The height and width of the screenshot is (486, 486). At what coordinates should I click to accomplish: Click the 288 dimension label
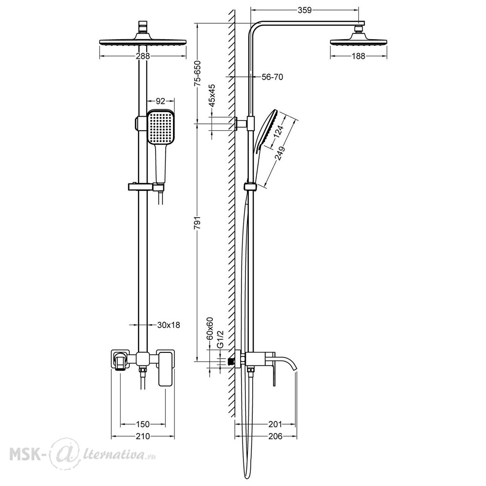pyautogui.click(x=143, y=56)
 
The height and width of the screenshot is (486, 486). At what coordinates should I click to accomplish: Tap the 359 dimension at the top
pyautogui.click(x=304, y=10)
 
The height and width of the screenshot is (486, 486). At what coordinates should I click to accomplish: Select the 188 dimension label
pyautogui.click(x=358, y=56)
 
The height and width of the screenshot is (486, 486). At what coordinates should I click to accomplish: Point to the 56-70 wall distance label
pyautogui.click(x=273, y=77)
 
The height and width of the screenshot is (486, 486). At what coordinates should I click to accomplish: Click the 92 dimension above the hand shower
pyautogui.click(x=160, y=101)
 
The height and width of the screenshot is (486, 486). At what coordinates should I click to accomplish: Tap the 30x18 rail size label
pyautogui.click(x=169, y=325)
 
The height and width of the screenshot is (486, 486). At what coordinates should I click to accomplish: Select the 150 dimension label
pyautogui.click(x=142, y=424)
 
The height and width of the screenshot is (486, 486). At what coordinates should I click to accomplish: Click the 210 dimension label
pyautogui.click(x=142, y=436)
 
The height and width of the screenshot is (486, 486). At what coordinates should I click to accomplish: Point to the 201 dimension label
pyautogui.click(x=275, y=424)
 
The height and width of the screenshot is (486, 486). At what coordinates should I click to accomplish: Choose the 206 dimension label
pyautogui.click(x=275, y=436)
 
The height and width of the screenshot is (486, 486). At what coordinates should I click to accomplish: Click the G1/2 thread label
pyautogui.click(x=220, y=339)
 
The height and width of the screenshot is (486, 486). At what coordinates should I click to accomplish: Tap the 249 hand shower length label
pyautogui.click(x=280, y=153)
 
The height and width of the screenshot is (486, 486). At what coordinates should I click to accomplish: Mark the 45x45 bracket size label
pyautogui.click(x=212, y=95)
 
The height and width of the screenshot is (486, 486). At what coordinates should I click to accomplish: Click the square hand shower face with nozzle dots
pyautogui.click(x=160, y=127)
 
